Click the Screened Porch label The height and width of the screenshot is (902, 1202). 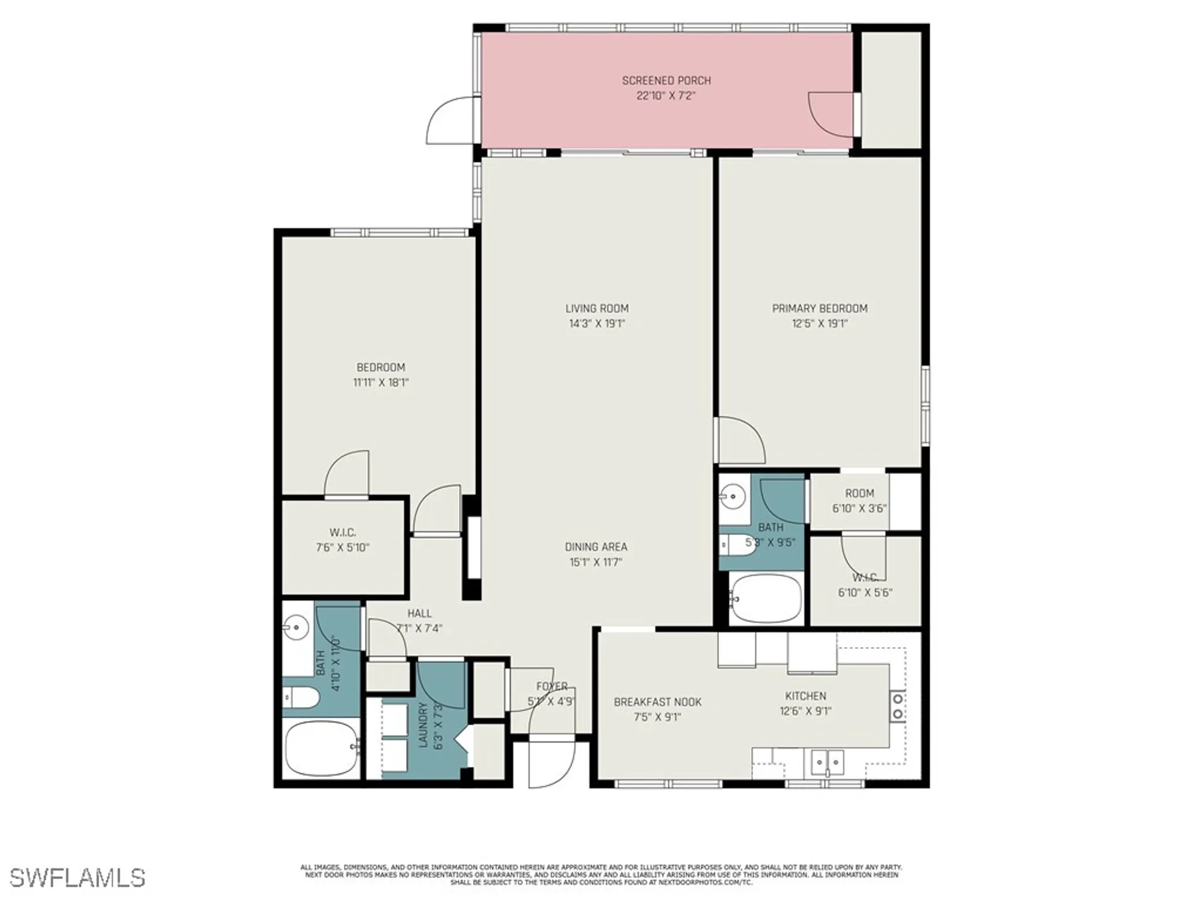(x=666, y=81)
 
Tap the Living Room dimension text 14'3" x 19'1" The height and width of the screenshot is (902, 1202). (x=597, y=324)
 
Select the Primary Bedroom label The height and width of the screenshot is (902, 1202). (x=820, y=308)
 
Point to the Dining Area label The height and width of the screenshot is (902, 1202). (x=596, y=547)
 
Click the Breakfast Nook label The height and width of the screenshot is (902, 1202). (x=657, y=702)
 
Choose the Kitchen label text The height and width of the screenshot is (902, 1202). (x=805, y=696)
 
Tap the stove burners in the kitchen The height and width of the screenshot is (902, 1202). (x=898, y=706)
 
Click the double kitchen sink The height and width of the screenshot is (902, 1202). (x=828, y=762)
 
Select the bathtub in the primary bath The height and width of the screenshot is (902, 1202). (x=766, y=598)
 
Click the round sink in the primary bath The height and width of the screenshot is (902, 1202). (x=733, y=497)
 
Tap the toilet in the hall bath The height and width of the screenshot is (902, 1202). (x=301, y=698)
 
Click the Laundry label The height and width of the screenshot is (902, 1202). (x=423, y=725)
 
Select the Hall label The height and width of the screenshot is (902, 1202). (x=419, y=613)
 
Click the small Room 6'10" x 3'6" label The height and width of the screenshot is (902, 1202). (x=859, y=493)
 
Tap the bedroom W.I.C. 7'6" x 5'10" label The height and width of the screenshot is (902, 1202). (x=343, y=540)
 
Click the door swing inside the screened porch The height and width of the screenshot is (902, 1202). (x=829, y=114)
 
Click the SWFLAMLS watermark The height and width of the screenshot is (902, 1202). (x=78, y=878)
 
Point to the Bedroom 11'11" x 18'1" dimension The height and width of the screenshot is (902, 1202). (x=380, y=382)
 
